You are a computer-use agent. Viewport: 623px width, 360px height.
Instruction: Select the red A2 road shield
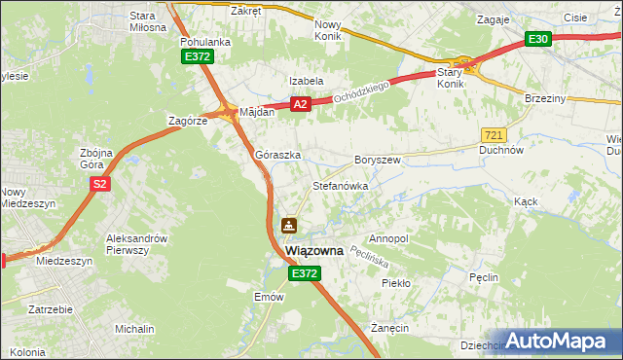click(300, 104)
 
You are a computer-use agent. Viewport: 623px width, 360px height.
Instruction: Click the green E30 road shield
click(538, 39)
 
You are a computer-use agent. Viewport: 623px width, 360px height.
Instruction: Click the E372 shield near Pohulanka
click(198, 57)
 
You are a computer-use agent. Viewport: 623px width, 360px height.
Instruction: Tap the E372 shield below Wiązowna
click(304, 275)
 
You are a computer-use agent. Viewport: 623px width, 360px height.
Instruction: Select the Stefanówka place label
click(340, 185)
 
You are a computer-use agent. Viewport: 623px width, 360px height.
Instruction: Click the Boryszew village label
click(378, 159)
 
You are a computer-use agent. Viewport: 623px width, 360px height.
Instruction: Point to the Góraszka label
click(277, 155)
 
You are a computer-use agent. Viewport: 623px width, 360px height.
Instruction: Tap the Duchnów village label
click(502, 151)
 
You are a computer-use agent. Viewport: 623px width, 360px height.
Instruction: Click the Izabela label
click(305, 82)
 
